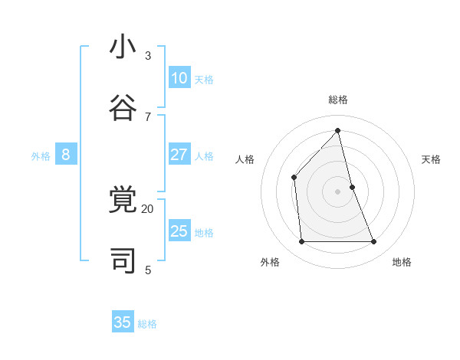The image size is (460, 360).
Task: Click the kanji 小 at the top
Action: [x=123, y=47]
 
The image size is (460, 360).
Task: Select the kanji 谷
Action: [x=123, y=107]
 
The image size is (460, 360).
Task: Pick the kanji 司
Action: [x=123, y=261]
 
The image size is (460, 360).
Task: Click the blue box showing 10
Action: [x=179, y=78]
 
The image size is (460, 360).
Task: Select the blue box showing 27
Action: [x=179, y=155]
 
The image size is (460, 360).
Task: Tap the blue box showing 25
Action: [x=179, y=231]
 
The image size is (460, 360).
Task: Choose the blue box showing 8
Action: [x=66, y=155]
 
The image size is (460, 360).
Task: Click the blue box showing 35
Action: [x=123, y=322]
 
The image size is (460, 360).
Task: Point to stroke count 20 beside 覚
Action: [x=147, y=208]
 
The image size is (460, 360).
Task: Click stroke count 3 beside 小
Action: [x=147, y=55]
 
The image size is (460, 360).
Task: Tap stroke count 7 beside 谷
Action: [x=147, y=116]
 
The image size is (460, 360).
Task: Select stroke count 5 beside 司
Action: [x=147, y=270]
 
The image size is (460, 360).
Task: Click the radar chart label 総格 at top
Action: [x=338, y=100]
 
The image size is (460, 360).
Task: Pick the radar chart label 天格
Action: [x=431, y=159]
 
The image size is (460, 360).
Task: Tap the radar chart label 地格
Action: [x=402, y=262]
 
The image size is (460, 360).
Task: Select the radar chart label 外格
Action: [x=270, y=262]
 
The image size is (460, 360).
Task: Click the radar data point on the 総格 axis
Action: [x=337, y=130]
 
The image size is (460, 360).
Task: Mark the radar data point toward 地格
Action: [x=374, y=242]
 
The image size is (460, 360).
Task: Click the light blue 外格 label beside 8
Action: [x=41, y=156]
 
